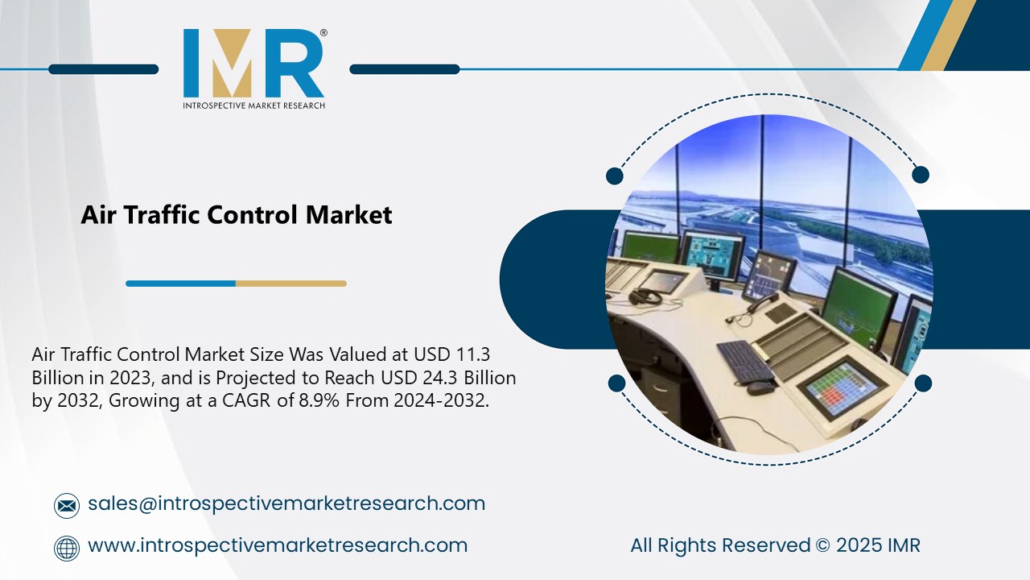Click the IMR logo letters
pos(253,64)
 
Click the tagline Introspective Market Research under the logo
pos(253,106)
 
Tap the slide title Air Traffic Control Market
pos(237,215)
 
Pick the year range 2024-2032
pos(441,400)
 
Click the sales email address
pos(286,503)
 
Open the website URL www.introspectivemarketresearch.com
pos(277,545)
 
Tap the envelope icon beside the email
pos(67,505)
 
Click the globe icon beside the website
pos(67,548)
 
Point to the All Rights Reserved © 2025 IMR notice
pos(775,545)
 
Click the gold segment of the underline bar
pos(290,284)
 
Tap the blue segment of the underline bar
pos(180,284)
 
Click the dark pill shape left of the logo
pos(103,69)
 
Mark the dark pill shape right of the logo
pos(405,69)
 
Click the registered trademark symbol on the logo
pos(323,33)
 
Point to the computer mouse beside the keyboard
pos(760,387)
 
